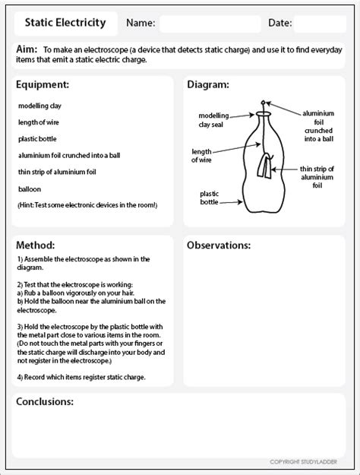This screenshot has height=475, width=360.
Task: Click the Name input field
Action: click(x=207, y=24)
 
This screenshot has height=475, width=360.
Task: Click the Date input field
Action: click(x=319, y=24)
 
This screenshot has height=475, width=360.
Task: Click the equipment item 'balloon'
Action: click(x=30, y=188)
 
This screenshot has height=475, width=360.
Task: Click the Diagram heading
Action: click(x=208, y=84)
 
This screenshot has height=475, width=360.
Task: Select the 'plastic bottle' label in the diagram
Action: click(x=210, y=198)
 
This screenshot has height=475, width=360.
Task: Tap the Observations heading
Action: click(x=219, y=246)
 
